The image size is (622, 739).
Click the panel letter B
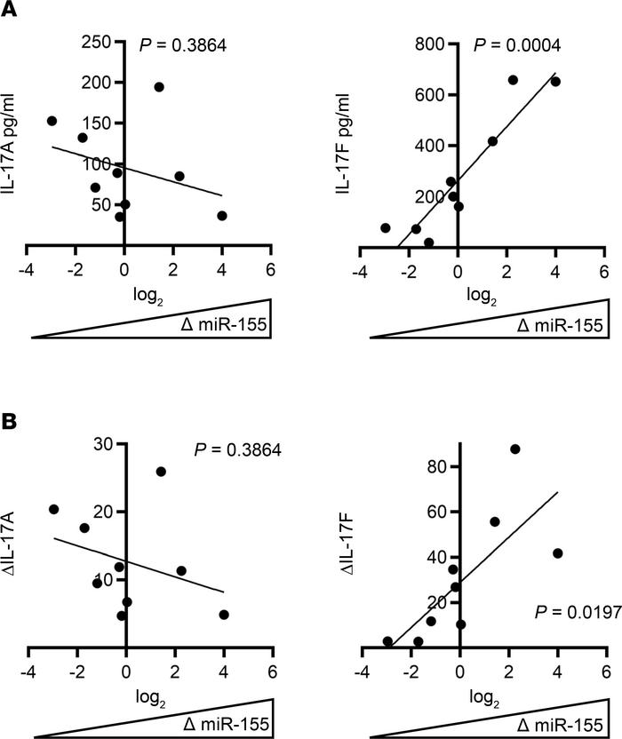click(x=10, y=421)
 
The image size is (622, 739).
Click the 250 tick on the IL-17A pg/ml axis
click(x=94, y=41)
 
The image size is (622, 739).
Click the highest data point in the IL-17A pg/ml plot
click(x=159, y=87)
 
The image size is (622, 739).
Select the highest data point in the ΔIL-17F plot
click(x=514, y=449)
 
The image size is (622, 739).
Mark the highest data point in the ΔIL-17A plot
click(x=161, y=472)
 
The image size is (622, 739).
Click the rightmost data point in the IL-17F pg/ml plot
click(x=555, y=82)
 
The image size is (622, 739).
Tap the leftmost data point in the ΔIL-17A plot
click(x=53, y=509)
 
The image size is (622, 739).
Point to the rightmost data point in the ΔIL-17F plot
click(x=558, y=553)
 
